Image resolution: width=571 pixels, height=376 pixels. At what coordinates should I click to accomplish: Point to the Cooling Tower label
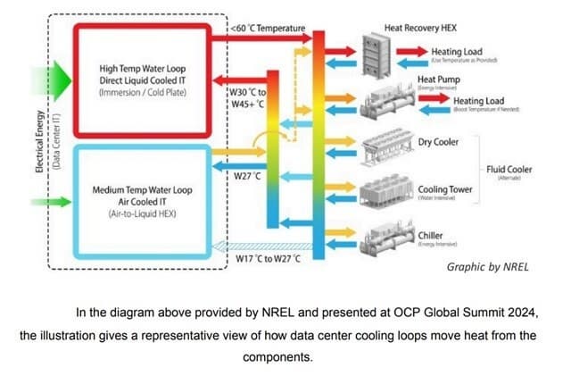pos(444,189)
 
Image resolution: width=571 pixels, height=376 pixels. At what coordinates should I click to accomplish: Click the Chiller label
pos(431,234)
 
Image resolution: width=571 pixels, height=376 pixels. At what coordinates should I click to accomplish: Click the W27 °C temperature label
pos(246,175)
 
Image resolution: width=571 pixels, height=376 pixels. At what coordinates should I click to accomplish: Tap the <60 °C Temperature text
pos(267,29)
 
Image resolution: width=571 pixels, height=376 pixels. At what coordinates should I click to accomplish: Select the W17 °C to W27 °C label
pos(269,258)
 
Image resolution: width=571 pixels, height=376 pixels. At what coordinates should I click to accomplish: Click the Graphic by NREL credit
pos(482,266)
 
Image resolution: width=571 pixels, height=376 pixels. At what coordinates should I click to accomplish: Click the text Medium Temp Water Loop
pos(149,190)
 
